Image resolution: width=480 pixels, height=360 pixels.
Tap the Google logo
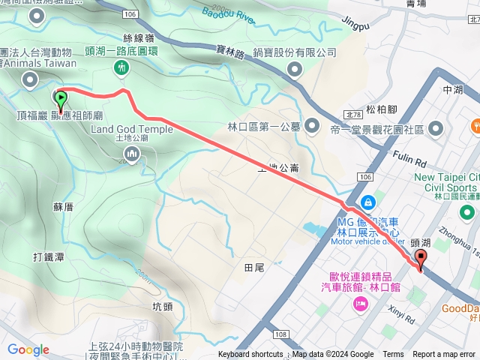coord(28,349)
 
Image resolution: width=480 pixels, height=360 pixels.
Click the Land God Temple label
coord(131,129)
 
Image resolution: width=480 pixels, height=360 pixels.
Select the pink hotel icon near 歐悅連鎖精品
coord(361,303)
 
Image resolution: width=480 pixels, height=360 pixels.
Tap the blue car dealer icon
coord(368,202)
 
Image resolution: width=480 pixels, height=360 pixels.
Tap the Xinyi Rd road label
coord(402,313)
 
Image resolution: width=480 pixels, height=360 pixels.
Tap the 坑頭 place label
coord(163,285)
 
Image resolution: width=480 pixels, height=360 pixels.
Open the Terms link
coord(393,355)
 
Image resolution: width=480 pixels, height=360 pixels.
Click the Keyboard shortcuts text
coord(250,355)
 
